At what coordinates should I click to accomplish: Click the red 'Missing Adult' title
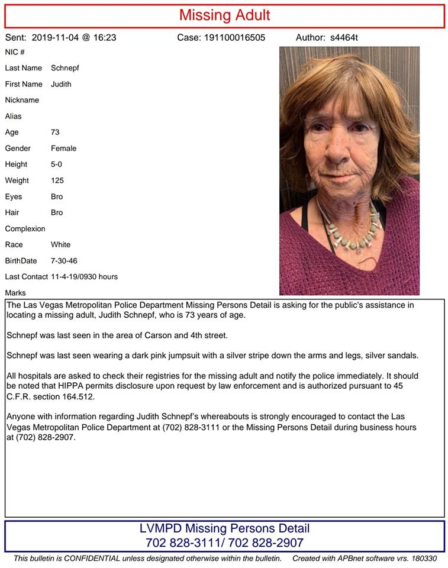click(224, 15)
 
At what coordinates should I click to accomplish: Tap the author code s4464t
click(344, 38)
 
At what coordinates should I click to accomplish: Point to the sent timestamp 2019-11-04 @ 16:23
click(73, 38)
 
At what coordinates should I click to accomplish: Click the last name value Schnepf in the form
click(65, 68)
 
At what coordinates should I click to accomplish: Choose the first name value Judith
click(61, 84)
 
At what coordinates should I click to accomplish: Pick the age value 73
click(55, 133)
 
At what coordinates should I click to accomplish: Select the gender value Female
click(63, 149)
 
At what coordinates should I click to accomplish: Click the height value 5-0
click(56, 164)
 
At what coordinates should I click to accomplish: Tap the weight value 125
click(57, 180)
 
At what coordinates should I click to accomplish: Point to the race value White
click(60, 244)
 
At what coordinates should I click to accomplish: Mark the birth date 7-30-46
click(65, 261)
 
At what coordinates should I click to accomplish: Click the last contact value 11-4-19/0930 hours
click(84, 277)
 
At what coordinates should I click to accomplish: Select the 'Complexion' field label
click(25, 229)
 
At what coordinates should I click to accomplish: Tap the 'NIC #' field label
click(15, 52)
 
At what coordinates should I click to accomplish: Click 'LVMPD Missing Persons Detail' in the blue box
click(224, 528)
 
